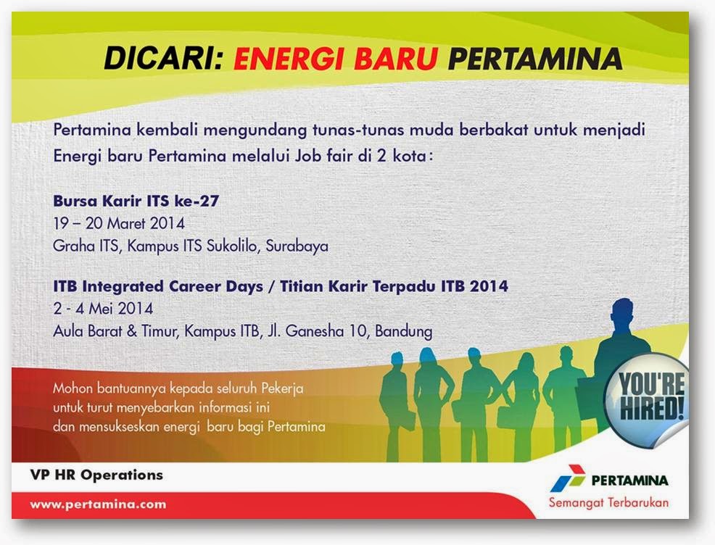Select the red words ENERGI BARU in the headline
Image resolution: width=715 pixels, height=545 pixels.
coord(336,59)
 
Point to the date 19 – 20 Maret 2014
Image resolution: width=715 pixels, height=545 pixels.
coord(119,223)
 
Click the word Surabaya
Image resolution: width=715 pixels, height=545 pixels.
coord(297,246)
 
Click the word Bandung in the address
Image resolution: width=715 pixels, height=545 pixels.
coord(400,331)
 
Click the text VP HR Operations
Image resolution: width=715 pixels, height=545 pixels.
coord(96,476)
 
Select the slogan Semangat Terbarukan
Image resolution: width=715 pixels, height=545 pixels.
coord(608,502)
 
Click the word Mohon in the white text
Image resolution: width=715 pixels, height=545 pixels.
coord(73,388)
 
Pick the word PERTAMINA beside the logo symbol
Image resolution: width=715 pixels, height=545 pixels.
coord(629,480)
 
